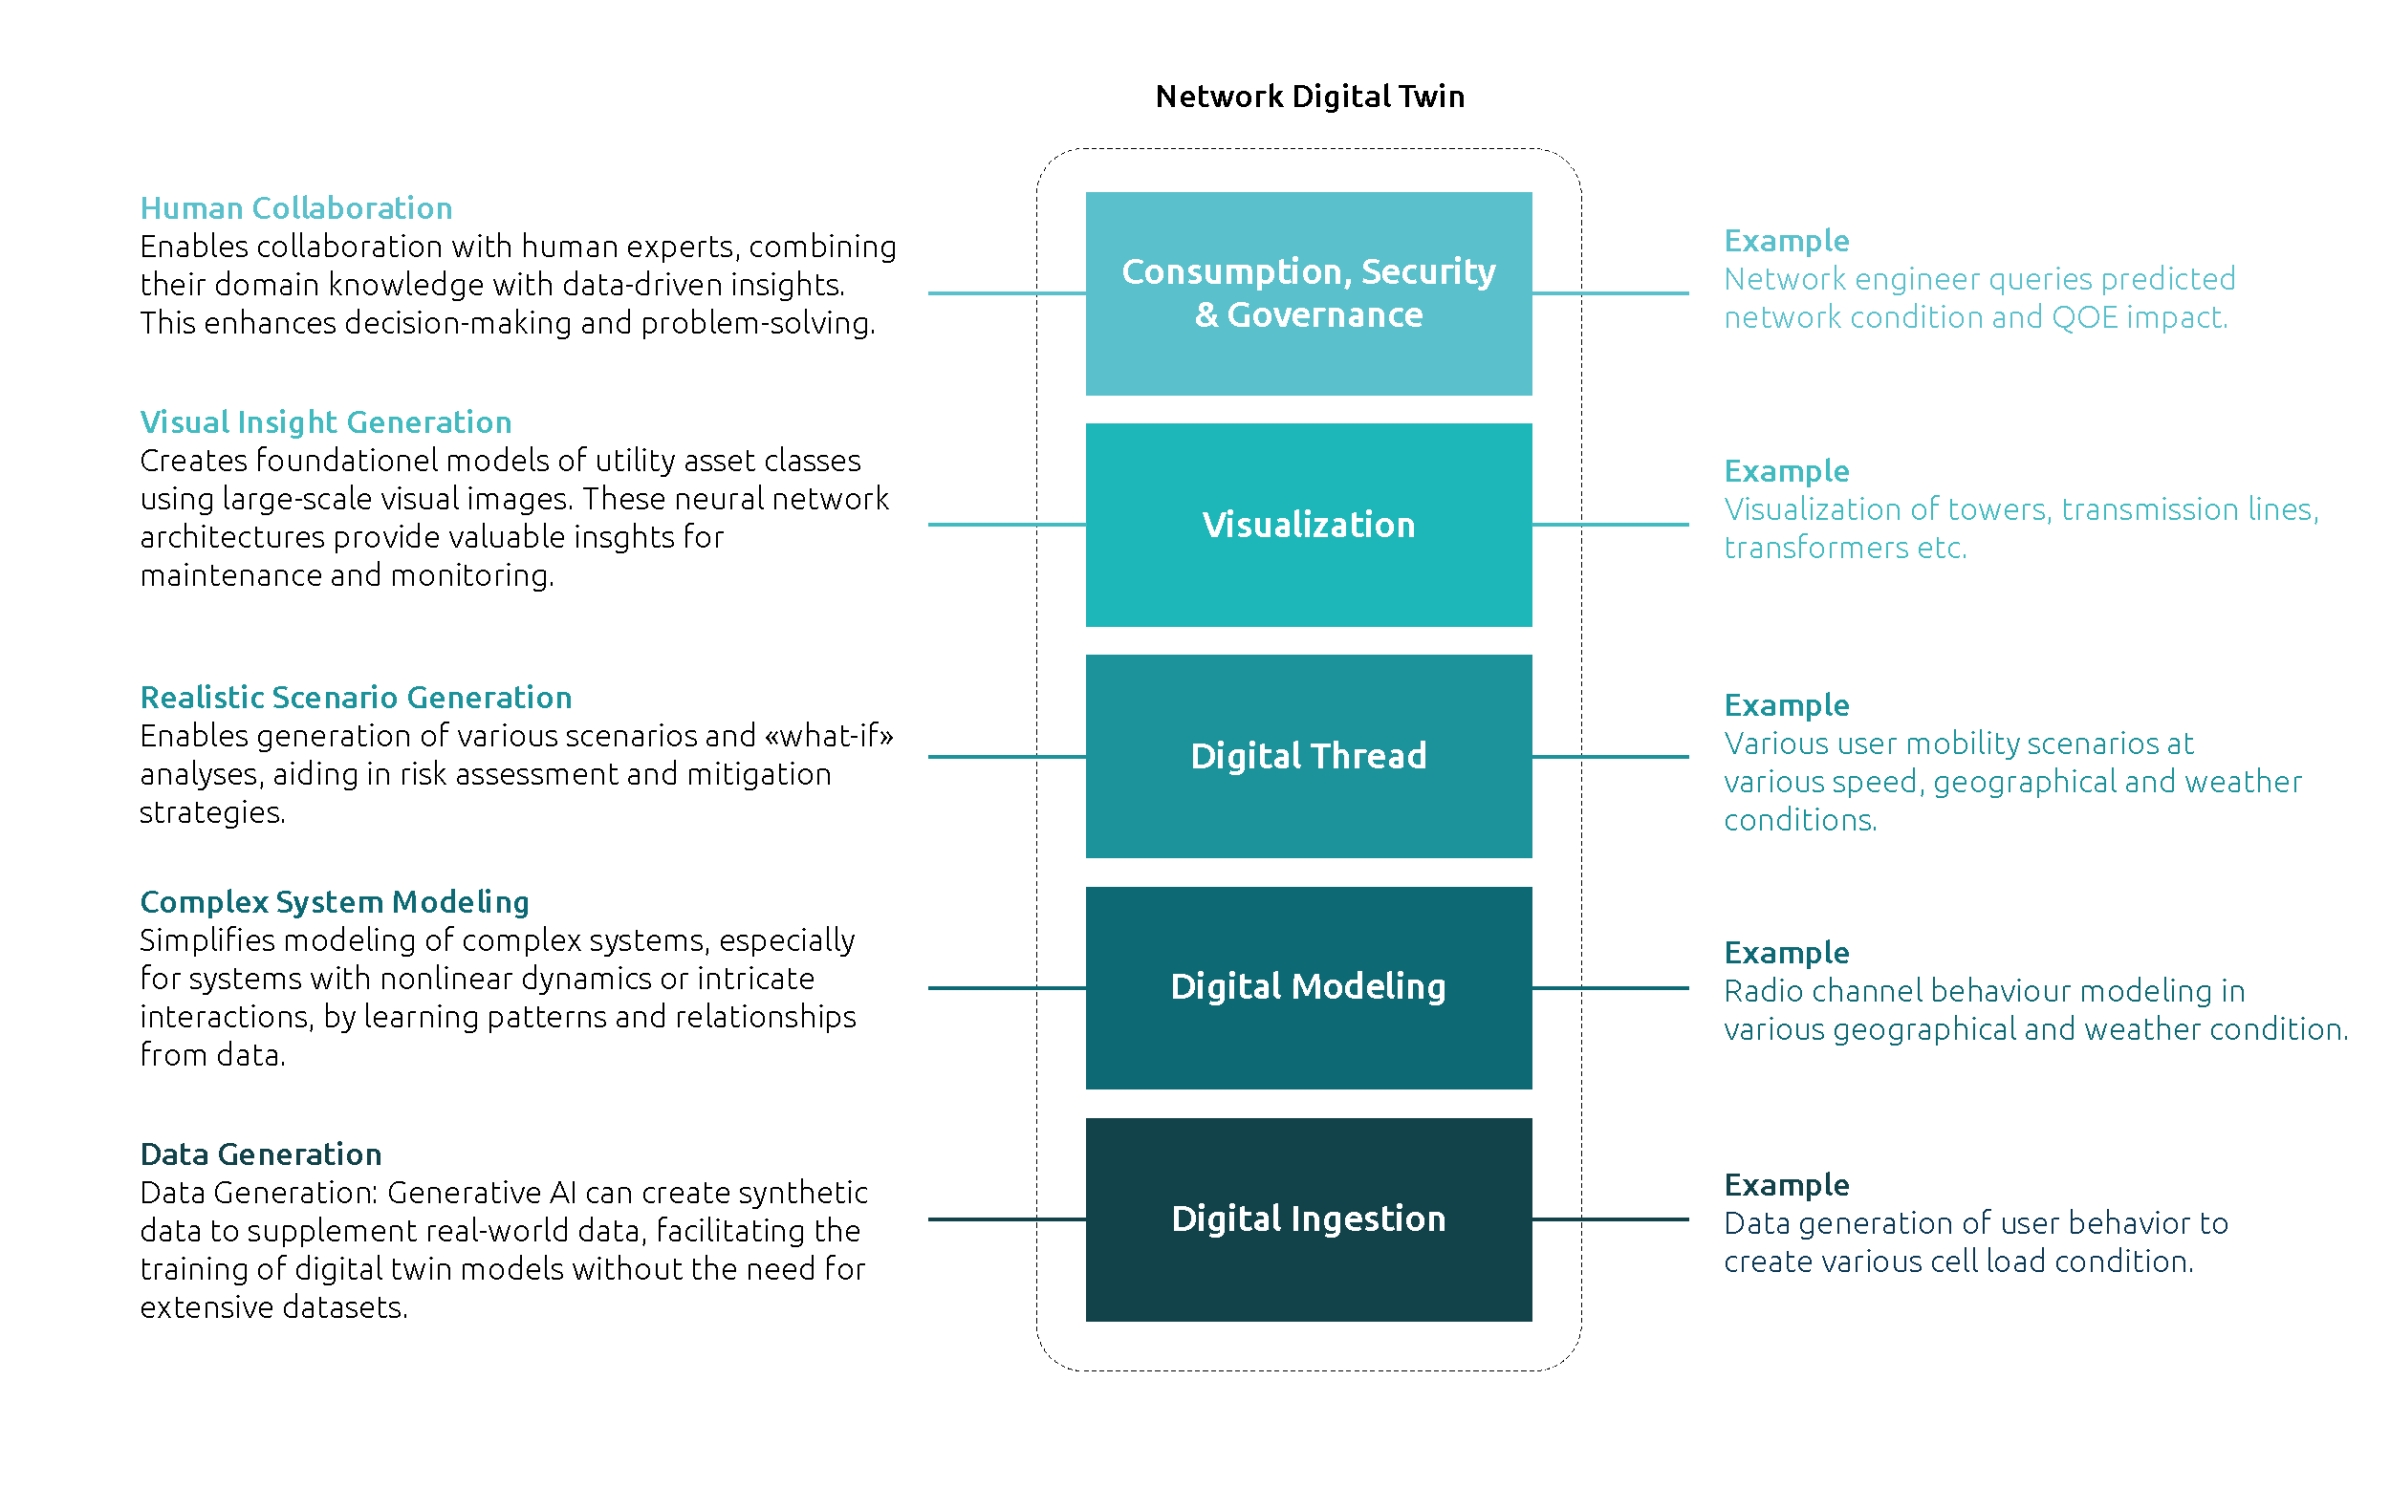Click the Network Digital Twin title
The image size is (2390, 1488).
(1309, 97)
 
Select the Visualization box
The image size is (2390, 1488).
(1308, 525)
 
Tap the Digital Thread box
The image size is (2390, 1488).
(1308, 756)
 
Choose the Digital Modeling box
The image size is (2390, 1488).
(1308, 987)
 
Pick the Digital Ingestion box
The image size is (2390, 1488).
(1308, 1218)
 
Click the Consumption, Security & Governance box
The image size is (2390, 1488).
(1308, 293)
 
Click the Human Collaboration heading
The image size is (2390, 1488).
(296, 208)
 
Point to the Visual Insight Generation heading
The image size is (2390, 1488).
(326, 422)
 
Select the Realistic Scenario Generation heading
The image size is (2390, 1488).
(356, 698)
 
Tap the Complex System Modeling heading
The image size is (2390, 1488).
(335, 902)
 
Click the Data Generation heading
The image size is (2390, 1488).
(261, 1154)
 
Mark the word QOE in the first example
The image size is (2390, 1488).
(2084, 318)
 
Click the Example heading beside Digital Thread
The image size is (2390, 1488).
(1787, 705)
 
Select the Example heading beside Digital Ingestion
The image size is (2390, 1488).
(1787, 1185)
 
